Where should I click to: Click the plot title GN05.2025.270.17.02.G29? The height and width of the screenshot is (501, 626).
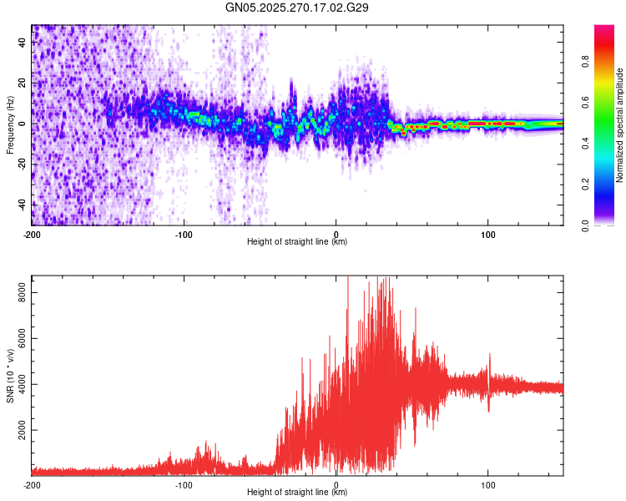pos(297,8)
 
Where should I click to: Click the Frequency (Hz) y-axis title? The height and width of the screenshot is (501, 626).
pos(10,125)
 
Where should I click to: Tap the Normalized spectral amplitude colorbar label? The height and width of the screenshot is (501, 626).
pos(620,125)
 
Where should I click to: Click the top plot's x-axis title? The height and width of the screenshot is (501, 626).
pos(297,242)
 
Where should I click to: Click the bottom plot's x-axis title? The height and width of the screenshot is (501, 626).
pos(297,493)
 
